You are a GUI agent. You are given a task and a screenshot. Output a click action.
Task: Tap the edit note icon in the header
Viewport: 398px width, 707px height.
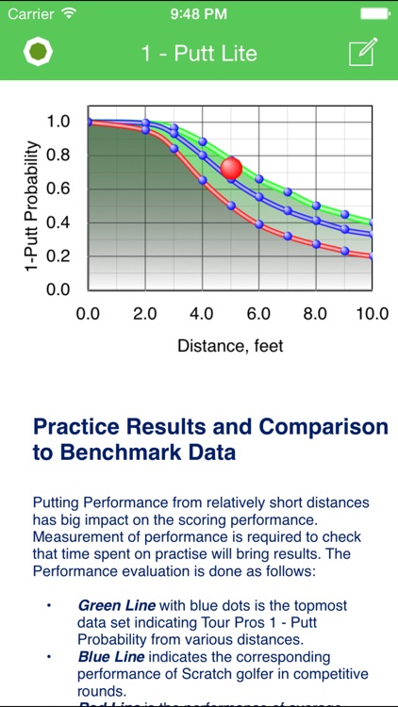click(362, 53)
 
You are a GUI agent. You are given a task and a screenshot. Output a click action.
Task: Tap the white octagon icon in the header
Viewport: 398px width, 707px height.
click(38, 53)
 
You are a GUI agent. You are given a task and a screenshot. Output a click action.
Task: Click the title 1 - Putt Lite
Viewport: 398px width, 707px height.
click(199, 54)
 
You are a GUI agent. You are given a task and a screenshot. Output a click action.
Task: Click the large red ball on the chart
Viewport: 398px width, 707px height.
click(231, 169)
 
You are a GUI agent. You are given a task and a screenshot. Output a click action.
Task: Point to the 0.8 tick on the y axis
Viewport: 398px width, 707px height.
click(58, 155)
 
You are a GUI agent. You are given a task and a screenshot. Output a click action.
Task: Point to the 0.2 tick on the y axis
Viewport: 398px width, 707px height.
click(58, 256)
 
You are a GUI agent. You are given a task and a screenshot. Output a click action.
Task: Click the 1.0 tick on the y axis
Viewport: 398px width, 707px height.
click(58, 121)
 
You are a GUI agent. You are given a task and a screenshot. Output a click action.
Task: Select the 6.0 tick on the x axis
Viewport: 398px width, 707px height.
click(257, 313)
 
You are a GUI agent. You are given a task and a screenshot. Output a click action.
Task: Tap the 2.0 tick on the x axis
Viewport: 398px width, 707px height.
click(144, 313)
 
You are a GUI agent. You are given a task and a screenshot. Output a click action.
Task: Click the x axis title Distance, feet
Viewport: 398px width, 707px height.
click(230, 346)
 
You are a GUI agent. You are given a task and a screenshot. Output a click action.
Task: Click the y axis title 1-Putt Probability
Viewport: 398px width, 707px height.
click(34, 207)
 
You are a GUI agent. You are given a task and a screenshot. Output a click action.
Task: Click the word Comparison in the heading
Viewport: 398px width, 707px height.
click(316, 427)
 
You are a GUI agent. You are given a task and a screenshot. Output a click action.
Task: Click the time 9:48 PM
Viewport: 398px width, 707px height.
click(198, 14)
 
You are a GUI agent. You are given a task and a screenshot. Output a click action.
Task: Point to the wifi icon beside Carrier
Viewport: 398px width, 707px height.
click(68, 14)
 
